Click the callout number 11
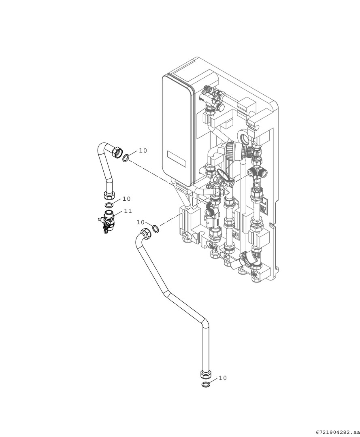coord(128,211)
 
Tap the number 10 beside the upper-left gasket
coord(143,151)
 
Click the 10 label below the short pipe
coord(126,199)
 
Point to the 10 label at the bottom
coord(223,378)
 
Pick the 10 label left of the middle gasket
coord(141,222)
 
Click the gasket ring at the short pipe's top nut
coord(126,157)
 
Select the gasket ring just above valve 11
coord(109,205)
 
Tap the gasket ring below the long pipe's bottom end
coord(206,384)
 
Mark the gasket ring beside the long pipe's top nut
coord(156,229)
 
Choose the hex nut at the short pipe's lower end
coord(109,197)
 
